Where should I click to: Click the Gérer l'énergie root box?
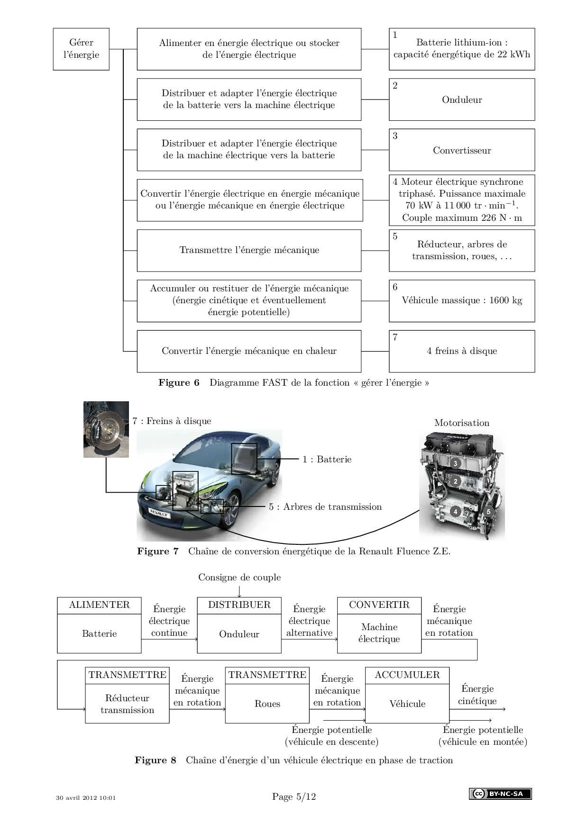click(81, 49)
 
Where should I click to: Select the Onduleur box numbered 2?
click(462, 99)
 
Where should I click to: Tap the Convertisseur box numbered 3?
click(462, 150)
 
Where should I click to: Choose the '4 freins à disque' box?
click(462, 351)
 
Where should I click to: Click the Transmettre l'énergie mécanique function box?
click(249, 250)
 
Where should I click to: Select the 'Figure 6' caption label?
click(179, 383)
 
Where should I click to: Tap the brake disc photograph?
click(106, 429)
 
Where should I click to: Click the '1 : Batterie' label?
click(327, 460)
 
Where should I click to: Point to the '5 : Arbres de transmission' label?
click(325, 507)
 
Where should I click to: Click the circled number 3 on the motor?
click(455, 463)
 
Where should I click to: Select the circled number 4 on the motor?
click(455, 512)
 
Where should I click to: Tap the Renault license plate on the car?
click(159, 513)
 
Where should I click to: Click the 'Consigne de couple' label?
click(239, 578)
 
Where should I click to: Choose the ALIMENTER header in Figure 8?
click(99, 605)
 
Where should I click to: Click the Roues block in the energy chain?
click(267, 704)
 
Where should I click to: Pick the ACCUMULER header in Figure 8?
click(407, 675)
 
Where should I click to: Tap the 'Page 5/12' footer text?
click(294, 797)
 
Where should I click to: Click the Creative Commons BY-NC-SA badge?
click(500, 794)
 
